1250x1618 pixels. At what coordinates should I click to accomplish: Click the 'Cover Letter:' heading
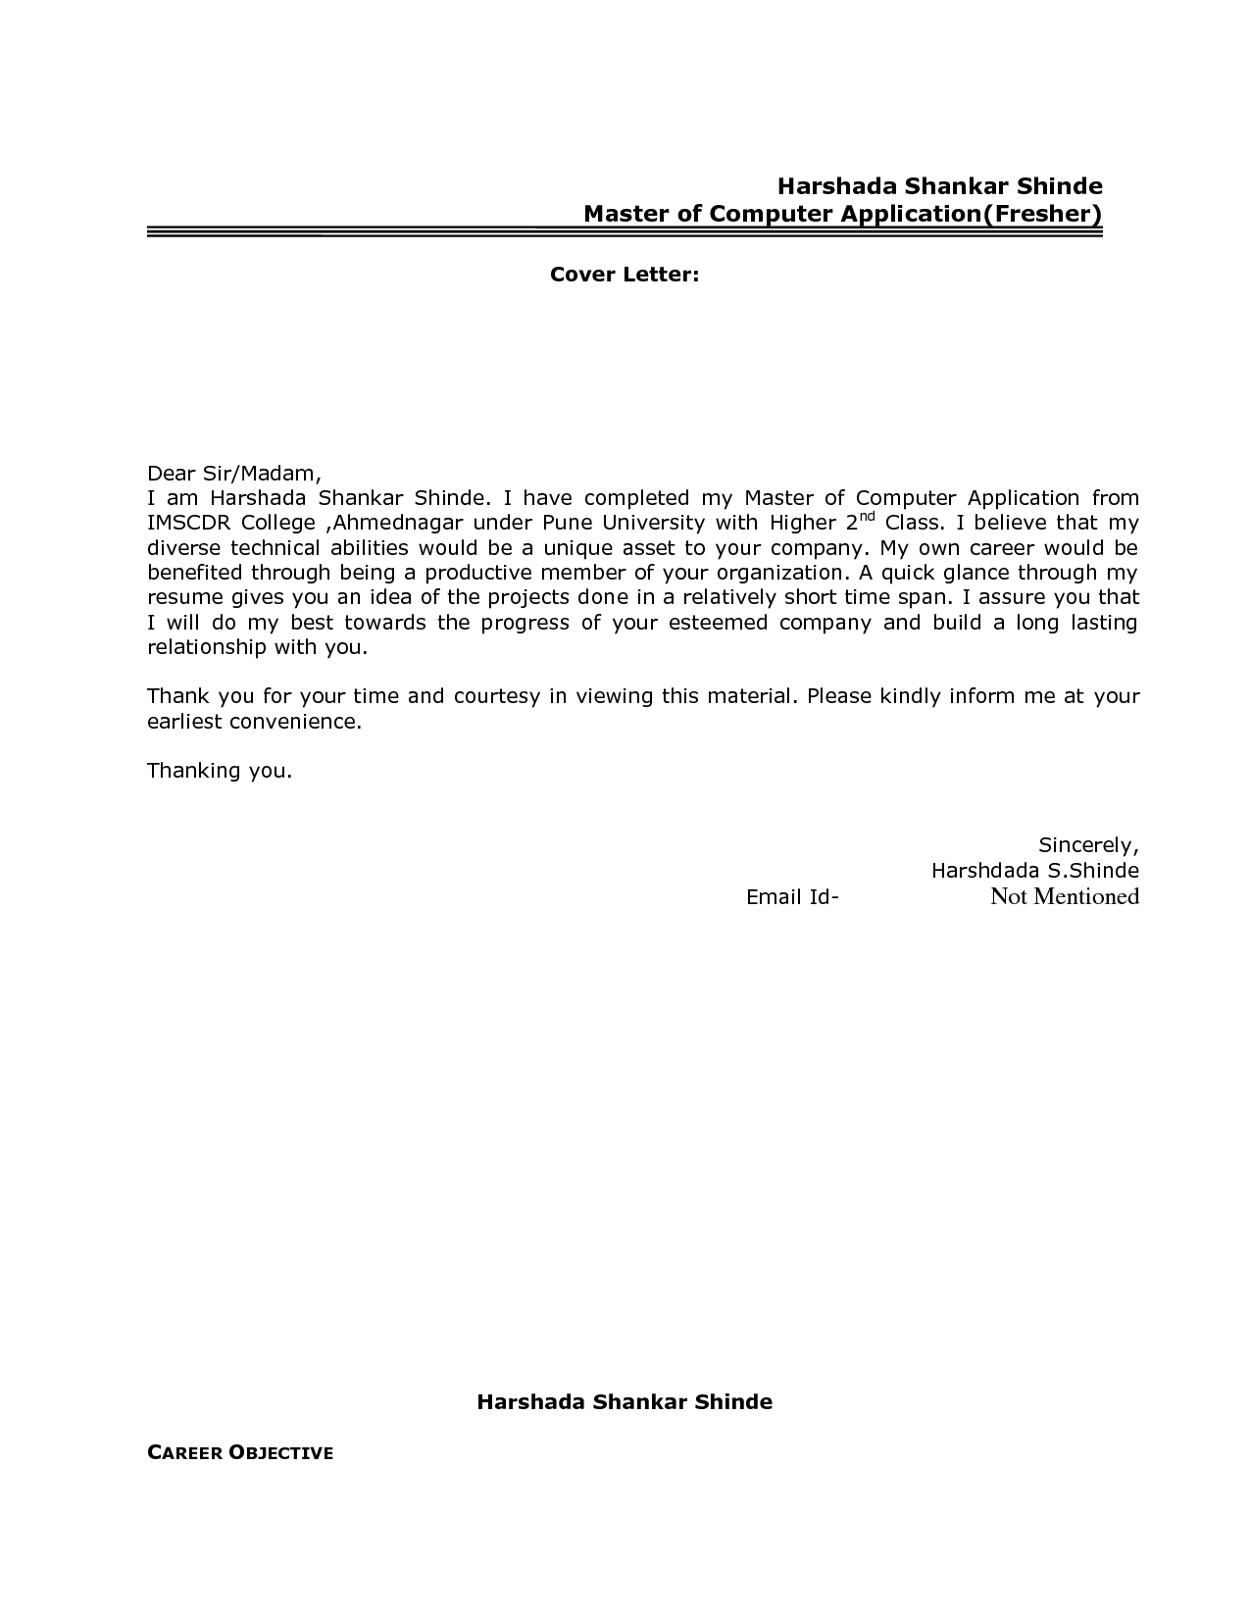[624, 275]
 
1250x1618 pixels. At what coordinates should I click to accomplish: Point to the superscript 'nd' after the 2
[868, 516]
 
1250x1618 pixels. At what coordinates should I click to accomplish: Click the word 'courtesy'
[496, 696]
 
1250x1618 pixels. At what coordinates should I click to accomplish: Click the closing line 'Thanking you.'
[220, 771]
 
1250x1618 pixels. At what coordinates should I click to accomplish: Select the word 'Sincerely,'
[1088, 845]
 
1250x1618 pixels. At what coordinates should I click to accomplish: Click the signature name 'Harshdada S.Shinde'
[1034, 871]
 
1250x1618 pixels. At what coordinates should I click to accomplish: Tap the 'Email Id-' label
[792, 897]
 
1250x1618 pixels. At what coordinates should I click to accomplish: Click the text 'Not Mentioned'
[1064, 896]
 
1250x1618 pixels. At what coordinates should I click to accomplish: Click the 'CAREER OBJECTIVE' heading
[240, 1453]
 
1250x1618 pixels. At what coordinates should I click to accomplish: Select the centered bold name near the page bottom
[625, 1402]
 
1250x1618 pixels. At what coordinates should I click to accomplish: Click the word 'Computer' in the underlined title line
[772, 214]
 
